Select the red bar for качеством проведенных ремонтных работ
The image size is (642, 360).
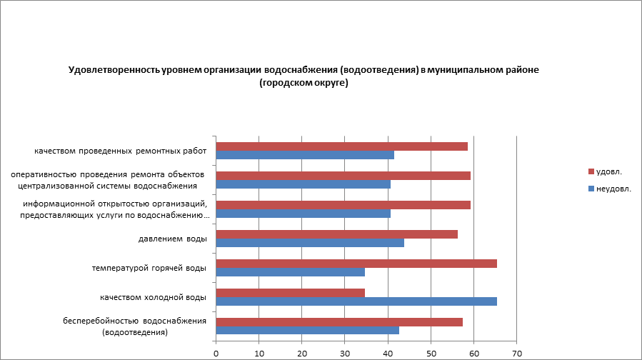coord(341,146)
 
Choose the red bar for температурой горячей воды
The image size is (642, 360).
coord(356,264)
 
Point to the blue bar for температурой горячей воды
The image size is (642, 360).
coord(290,272)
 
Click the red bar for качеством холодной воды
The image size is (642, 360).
coord(290,292)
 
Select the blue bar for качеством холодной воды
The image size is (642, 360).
coord(356,301)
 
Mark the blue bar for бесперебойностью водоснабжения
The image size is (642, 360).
coord(307,330)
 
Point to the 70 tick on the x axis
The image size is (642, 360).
coord(517,353)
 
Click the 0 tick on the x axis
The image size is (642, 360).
coord(216,353)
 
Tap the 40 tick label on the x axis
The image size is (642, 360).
coord(388,353)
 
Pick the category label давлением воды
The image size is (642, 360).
coord(172,239)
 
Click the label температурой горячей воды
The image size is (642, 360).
coord(149,268)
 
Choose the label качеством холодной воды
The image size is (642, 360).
coord(154,297)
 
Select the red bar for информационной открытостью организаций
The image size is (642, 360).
coord(343,205)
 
